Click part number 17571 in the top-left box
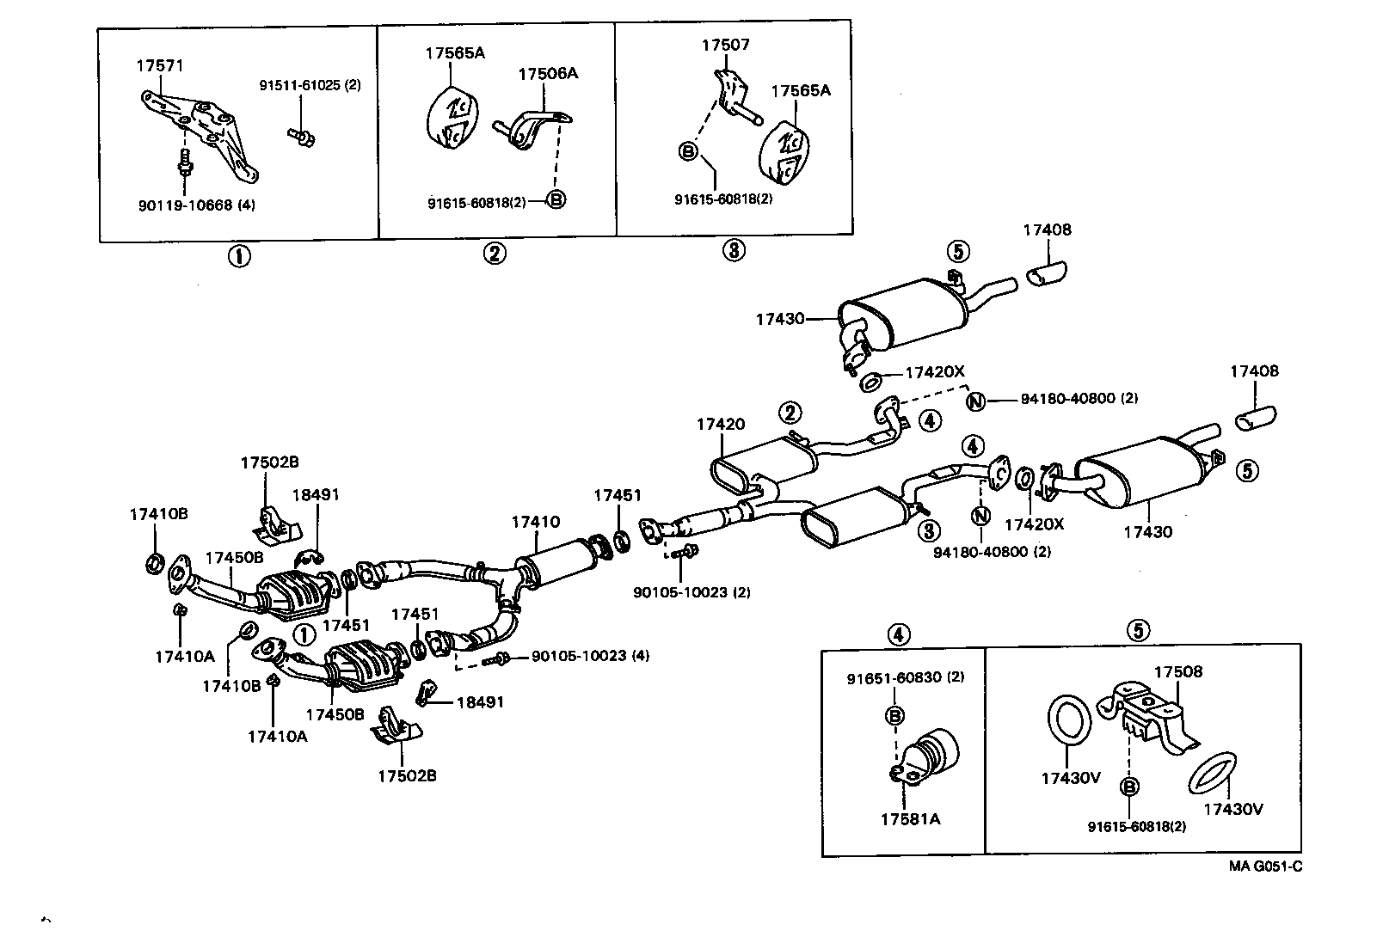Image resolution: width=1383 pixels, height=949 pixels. pos(159,65)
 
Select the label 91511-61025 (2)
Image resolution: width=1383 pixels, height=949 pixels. pos(310,86)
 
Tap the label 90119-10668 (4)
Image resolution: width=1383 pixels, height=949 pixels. pos(196,205)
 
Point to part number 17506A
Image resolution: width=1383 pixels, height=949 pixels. pos(547,74)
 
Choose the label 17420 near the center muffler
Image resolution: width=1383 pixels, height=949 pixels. pos(721,424)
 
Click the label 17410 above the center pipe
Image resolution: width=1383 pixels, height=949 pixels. pos(535,522)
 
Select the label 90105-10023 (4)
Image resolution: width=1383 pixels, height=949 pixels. pos(590,656)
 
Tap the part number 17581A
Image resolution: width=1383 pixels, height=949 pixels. pos(909,818)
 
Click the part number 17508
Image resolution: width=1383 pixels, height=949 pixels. pos(1177,672)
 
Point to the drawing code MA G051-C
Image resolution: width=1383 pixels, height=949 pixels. pos(1264,866)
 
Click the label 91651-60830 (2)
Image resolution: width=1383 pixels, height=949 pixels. pos(905,677)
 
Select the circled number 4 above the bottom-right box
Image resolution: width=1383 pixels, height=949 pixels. pos(896,634)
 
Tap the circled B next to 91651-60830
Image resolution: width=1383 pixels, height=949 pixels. pos(894,715)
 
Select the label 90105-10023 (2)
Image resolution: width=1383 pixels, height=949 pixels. pos(692,592)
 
